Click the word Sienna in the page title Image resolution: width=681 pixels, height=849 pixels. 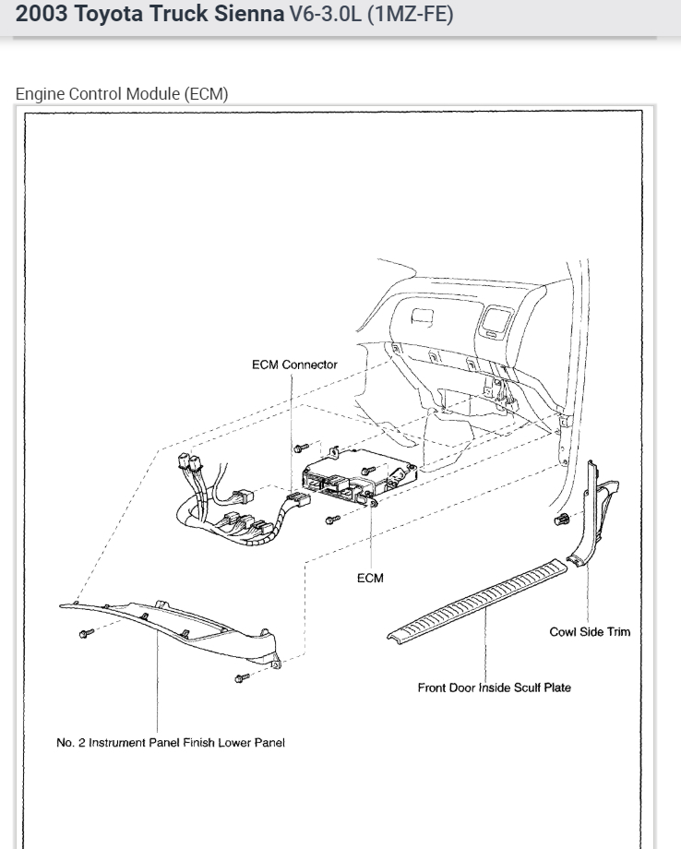coord(249,15)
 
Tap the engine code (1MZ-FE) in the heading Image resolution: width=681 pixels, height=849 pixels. coord(411,15)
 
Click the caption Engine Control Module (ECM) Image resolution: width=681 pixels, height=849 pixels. coord(122,94)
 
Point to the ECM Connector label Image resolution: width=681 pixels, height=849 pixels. coord(294,365)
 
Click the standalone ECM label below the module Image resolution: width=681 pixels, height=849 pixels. coord(370,578)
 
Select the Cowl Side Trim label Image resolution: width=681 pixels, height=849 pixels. coord(590,632)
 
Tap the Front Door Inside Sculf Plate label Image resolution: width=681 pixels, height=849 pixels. coord(494,687)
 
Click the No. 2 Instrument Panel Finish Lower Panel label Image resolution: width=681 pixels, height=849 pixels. coord(171,744)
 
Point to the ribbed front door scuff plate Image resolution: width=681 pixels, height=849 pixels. coord(480,600)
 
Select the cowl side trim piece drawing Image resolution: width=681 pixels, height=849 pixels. coord(595,517)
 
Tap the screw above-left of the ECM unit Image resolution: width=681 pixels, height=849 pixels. coord(299,448)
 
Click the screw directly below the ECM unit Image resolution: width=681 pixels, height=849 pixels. coord(333,519)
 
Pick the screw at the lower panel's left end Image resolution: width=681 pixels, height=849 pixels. coord(87,633)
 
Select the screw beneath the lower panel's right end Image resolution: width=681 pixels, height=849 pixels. coord(243,678)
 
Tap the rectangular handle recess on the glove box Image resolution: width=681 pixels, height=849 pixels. coord(424,318)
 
